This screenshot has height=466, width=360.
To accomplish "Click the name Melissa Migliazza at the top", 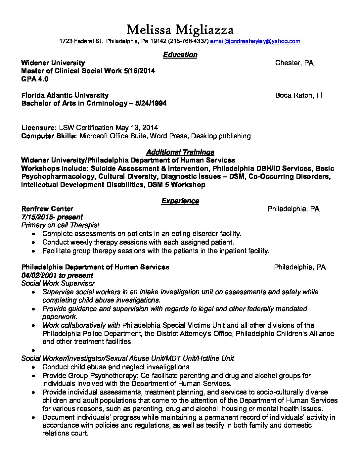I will (x=180, y=30).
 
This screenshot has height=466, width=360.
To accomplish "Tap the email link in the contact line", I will (x=255, y=41).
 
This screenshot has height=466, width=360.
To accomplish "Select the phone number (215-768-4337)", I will (x=188, y=41).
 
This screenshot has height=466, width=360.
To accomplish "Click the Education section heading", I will (x=180, y=55).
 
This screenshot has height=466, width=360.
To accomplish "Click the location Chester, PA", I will (x=294, y=63).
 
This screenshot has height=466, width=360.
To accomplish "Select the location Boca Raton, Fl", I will (x=298, y=95).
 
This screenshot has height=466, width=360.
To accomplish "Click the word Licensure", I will (x=38, y=128).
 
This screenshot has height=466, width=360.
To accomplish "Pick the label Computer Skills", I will (x=49, y=136).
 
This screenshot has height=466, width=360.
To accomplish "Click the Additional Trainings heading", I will (x=180, y=152).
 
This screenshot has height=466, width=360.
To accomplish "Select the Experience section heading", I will (x=180, y=201).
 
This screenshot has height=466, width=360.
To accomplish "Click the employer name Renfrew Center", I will (x=47, y=209).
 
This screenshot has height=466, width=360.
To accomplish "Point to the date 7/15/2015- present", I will (x=52, y=217).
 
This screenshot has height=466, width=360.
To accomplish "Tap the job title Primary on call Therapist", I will (x=60, y=225).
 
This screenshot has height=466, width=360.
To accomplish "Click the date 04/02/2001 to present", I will (x=57, y=275).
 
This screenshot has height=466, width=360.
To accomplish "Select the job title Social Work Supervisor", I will (x=58, y=283).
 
